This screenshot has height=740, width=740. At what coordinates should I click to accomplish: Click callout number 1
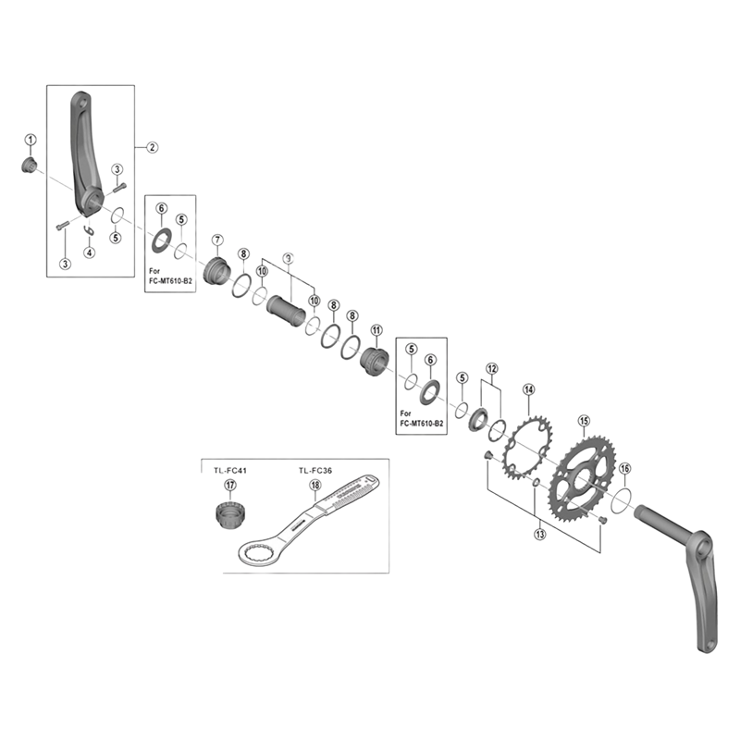(x=30, y=140)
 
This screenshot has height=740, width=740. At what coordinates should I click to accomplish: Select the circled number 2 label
(x=153, y=146)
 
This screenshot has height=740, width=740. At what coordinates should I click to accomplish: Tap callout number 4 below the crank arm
(x=89, y=252)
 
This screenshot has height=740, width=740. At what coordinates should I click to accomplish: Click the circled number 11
(x=376, y=330)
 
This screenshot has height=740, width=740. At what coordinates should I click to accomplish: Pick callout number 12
(x=491, y=368)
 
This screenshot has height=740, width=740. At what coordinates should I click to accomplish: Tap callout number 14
(x=528, y=389)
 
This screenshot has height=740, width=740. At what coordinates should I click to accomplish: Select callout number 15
(x=584, y=421)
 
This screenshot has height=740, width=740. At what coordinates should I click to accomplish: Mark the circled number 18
(x=315, y=485)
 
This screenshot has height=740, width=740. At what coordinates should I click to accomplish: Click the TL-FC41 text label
(x=226, y=471)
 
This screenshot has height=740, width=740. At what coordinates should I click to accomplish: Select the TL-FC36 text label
(x=315, y=471)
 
